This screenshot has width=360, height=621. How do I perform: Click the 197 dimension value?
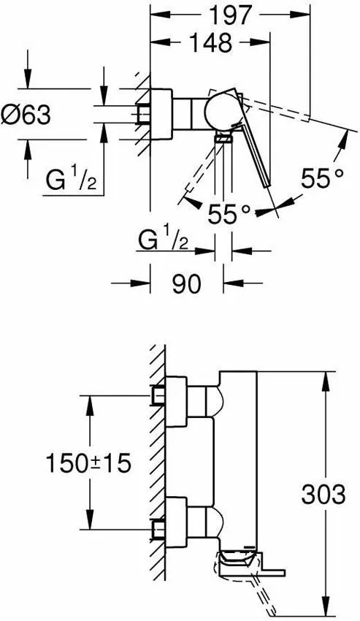[x=230, y=15]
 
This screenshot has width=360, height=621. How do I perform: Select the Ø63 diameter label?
[x=26, y=116]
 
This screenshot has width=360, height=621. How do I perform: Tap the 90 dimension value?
[x=186, y=283]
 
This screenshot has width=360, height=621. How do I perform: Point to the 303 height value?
[x=323, y=495]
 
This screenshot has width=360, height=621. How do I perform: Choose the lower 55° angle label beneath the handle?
[x=229, y=214]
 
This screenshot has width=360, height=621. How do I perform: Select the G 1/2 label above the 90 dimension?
[x=163, y=240]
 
